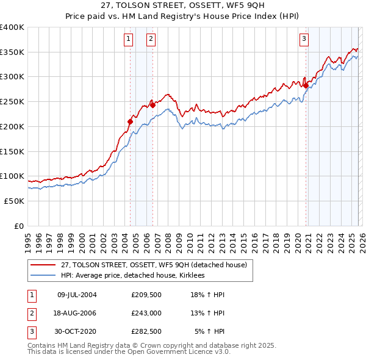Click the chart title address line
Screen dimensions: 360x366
[183, 6]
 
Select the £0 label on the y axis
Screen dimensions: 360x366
[18, 226]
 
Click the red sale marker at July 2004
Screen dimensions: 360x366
[130, 121]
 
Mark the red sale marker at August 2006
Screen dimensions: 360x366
[152, 105]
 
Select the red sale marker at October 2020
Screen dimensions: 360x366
[306, 85]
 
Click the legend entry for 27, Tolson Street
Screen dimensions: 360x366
[153, 265]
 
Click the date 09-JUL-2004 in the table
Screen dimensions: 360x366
[76, 294]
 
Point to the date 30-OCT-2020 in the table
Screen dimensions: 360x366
[76, 332]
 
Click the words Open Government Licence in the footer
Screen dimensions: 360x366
[184, 352]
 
